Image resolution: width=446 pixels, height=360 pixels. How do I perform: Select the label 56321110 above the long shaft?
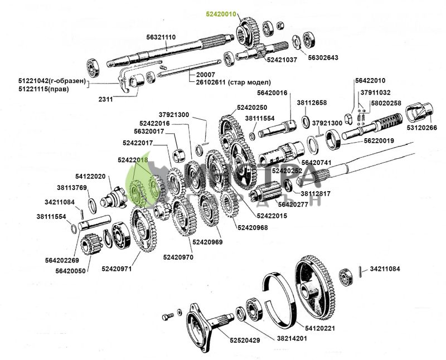161,37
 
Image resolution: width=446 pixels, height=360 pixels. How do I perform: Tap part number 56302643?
323,57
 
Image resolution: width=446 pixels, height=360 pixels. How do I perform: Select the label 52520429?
245,340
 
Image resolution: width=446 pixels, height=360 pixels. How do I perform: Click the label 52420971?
117,269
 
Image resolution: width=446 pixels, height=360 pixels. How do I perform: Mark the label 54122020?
90,176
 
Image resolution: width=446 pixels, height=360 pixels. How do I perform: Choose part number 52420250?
252,108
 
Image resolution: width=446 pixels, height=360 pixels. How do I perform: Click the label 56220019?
379,141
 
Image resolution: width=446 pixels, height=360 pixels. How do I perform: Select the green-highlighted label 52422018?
133,160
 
